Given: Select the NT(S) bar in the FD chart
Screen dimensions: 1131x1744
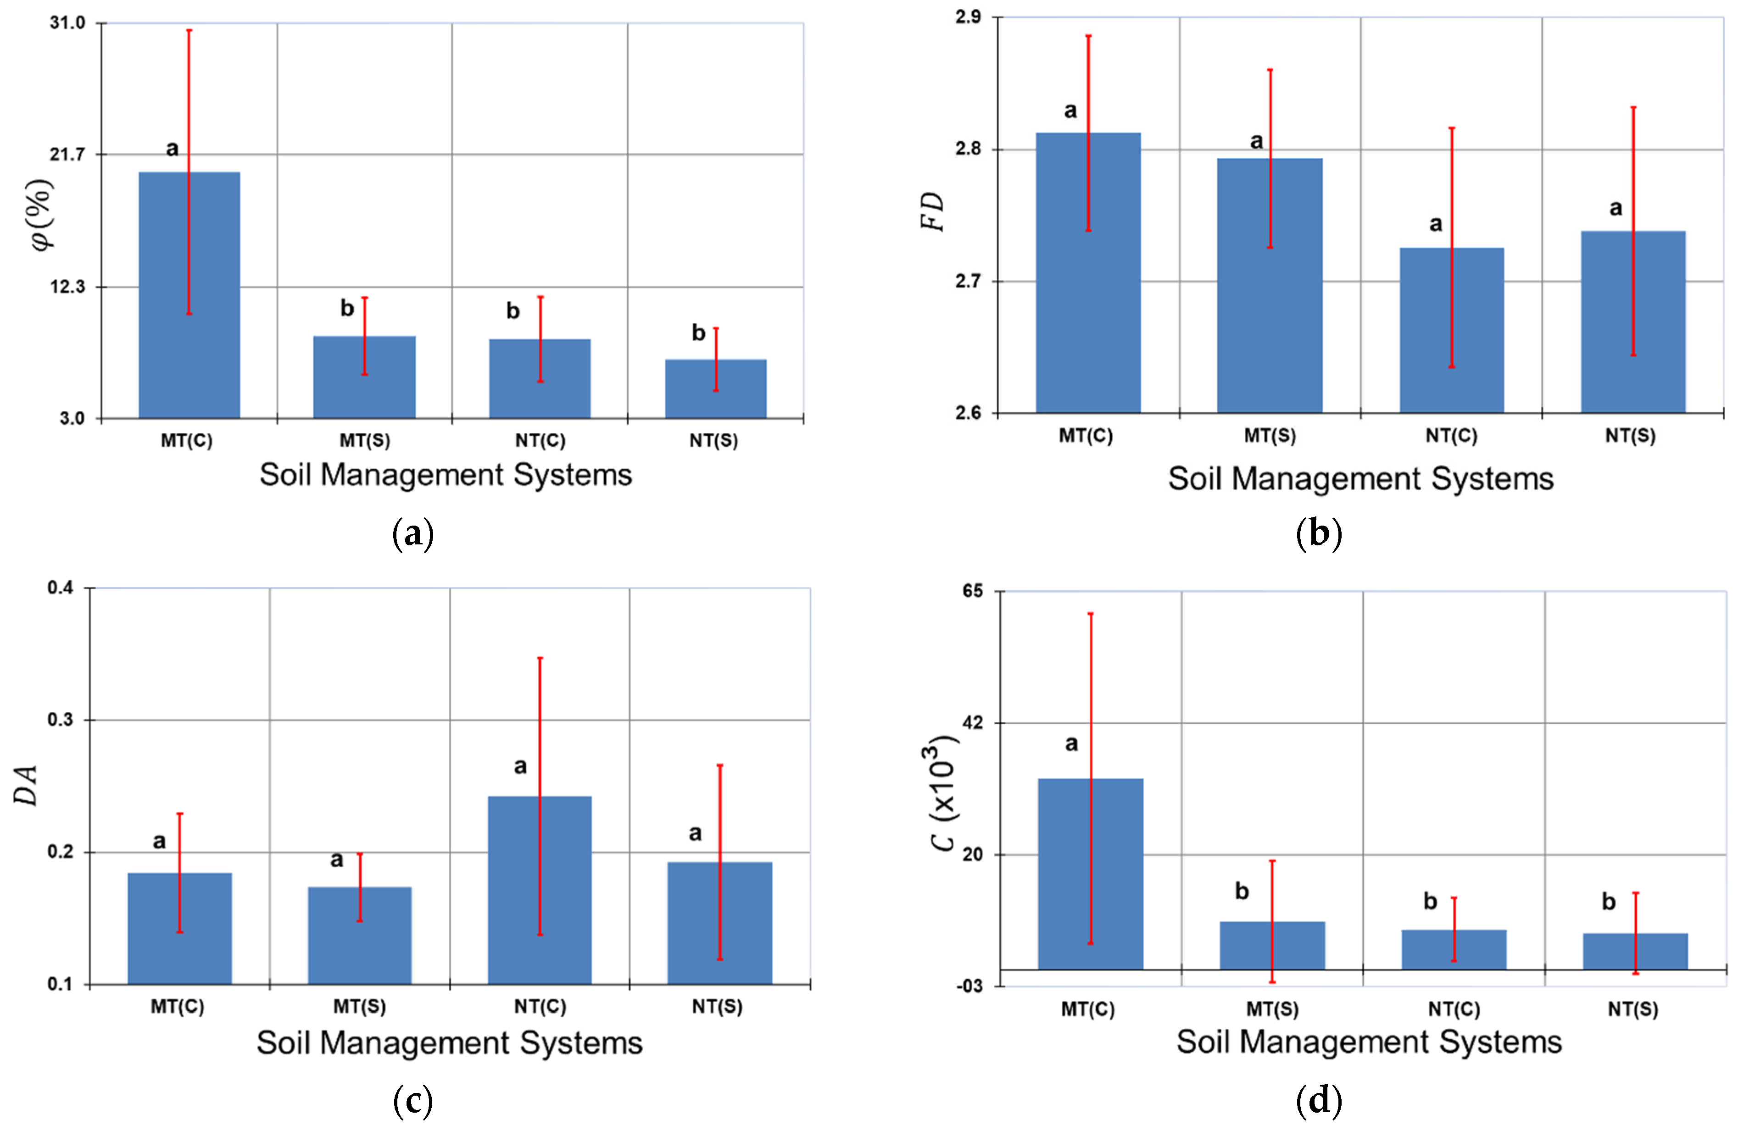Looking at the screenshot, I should click(1633, 322).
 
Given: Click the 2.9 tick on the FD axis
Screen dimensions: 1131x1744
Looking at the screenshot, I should click(968, 17).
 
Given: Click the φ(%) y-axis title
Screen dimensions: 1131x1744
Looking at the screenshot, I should click(43, 214).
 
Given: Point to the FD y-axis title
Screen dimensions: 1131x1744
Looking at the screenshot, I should click(932, 212).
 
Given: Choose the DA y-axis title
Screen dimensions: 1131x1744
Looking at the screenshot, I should click(26, 785).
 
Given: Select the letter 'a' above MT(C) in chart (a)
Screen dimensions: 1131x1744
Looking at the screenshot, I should click(172, 149).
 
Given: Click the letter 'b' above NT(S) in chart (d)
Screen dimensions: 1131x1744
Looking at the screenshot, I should click(1609, 902).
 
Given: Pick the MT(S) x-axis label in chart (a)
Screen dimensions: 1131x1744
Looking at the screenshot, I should click(364, 441).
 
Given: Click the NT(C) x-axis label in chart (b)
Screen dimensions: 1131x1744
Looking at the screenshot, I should click(1451, 436).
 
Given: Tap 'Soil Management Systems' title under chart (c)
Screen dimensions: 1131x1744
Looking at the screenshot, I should click(449, 1042).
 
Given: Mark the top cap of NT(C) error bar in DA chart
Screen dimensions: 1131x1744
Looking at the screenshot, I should click(540, 658).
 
